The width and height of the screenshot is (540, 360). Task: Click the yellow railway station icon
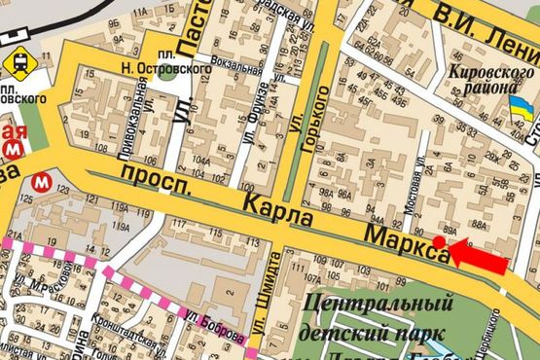pos(17,62)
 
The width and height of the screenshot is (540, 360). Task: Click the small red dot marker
pos(440,241)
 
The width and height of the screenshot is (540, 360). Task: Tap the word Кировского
pos(486,72)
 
